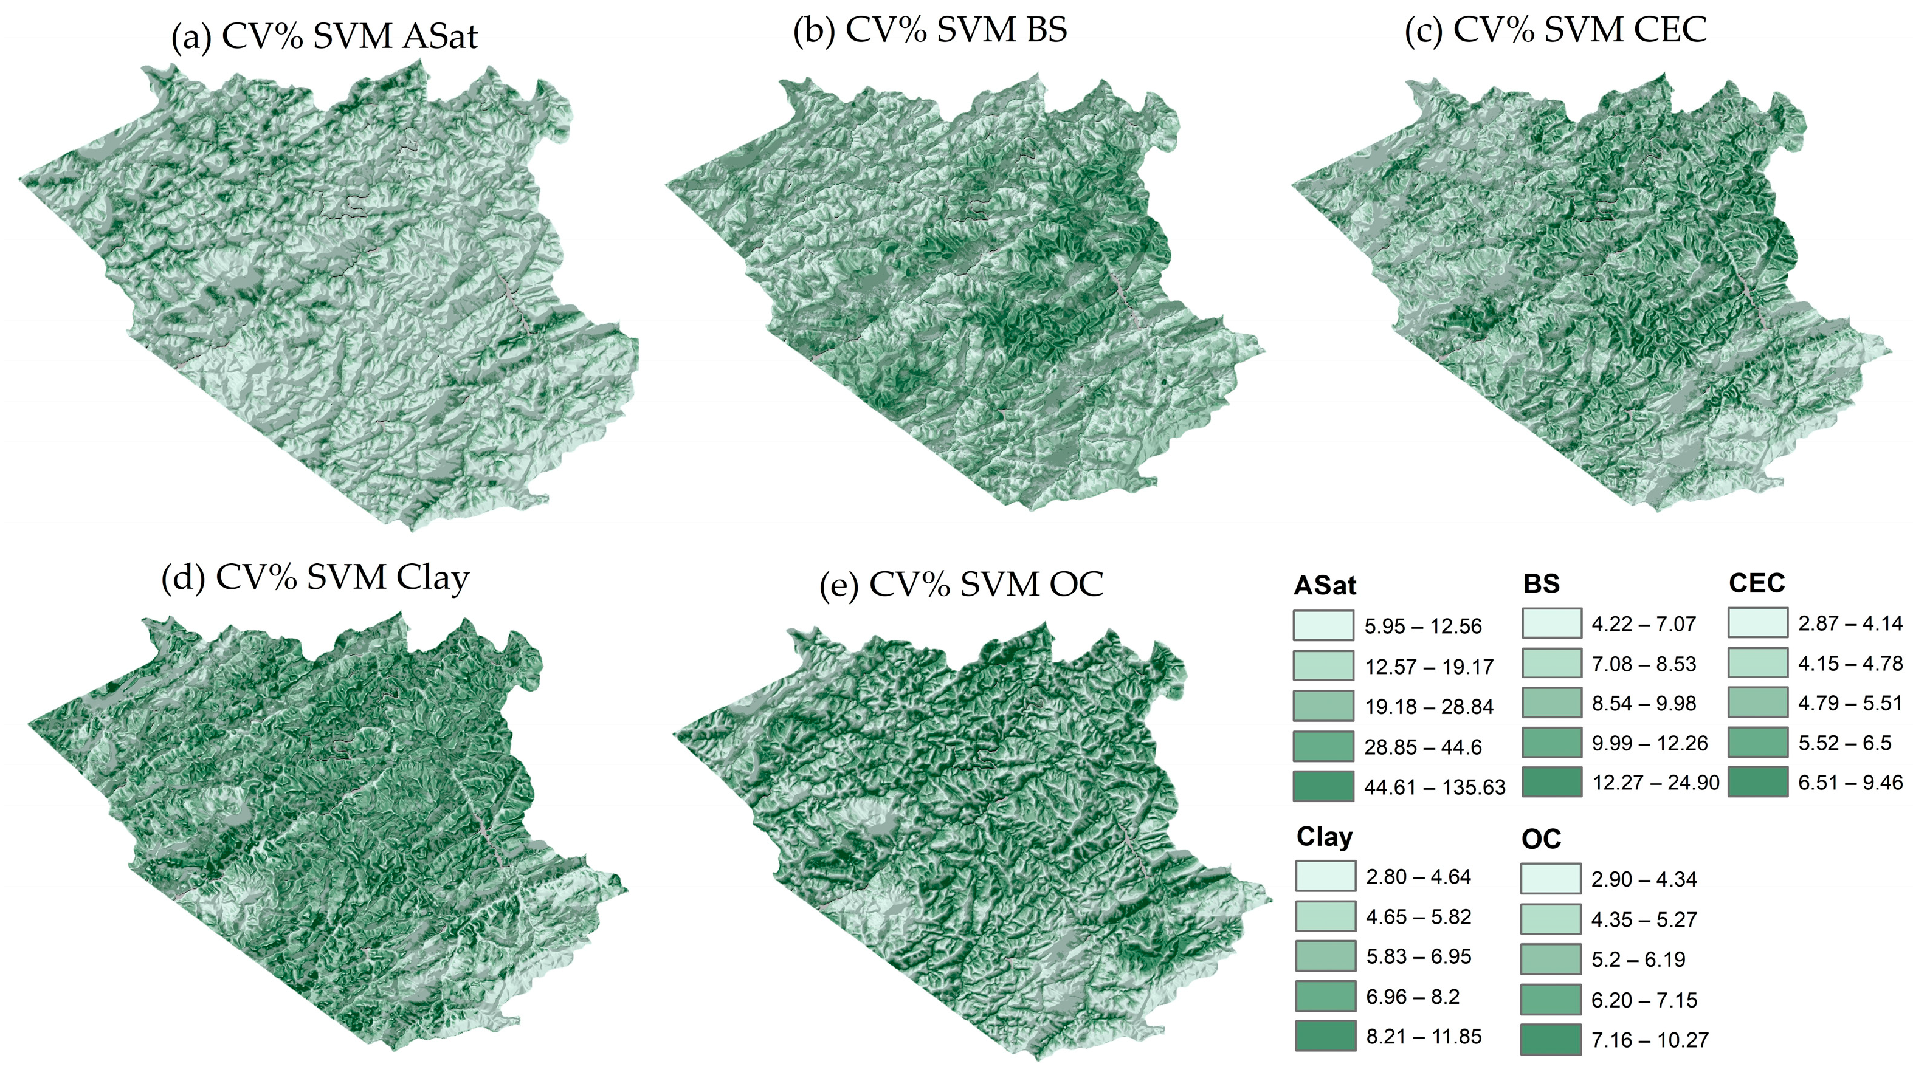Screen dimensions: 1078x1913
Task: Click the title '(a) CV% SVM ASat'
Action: (324, 36)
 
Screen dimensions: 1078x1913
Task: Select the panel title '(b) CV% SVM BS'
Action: (930, 30)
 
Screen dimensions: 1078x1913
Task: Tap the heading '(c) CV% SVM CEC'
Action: (1555, 30)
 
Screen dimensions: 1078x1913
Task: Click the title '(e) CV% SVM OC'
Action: (961, 585)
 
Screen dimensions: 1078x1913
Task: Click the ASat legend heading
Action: (1324, 586)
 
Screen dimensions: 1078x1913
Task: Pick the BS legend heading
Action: (1541, 585)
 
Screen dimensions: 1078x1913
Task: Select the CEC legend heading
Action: (1756, 583)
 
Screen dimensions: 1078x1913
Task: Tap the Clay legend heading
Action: (1324, 837)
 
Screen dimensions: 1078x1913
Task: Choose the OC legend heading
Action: (1541, 840)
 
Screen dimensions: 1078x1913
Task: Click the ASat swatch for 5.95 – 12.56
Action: (1323, 626)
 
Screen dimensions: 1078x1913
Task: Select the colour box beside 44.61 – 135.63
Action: (1323, 786)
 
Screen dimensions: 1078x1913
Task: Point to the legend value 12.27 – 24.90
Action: (1655, 783)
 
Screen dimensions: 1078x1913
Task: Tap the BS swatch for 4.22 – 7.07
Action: (1551, 623)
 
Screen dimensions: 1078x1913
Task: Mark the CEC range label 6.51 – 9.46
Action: (1850, 783)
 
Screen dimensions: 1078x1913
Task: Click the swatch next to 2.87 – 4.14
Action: (1757, 623)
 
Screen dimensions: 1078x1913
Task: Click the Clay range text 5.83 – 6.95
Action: (1418, 957)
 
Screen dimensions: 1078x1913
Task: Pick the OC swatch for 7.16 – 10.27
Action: (1551, 1039)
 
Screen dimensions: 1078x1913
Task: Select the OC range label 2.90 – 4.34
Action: (1644, 880)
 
